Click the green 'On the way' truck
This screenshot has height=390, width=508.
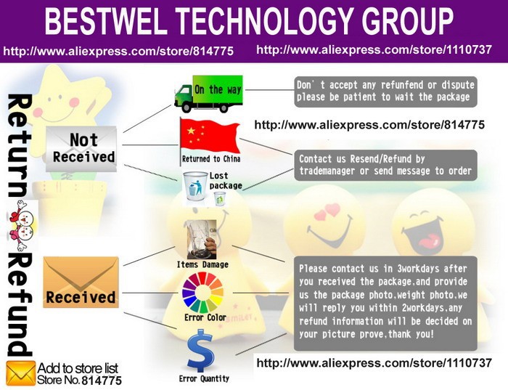click(x=208, y=94)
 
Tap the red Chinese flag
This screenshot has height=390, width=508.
click(x=210, y=137)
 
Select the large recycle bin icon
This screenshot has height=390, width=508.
click(x=195, y=186)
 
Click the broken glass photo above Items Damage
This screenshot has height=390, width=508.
click(x=202, y=239)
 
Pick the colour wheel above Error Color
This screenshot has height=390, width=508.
click(x=202, y=293)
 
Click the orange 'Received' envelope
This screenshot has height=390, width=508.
click(x=81, y=282)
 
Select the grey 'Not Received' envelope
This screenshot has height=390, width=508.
click(x=81, y=149)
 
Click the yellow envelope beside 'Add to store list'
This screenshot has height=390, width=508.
click(x=21, y=373)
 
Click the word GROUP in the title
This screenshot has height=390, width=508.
click(x=408, y=21)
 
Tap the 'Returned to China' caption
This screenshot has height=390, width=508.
click(x=211, y=159)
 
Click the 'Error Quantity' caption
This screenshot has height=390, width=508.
click(x=204, y=378)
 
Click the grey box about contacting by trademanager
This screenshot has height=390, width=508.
click(x=385, y=165)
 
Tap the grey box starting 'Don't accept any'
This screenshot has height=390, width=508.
click(x=385, y=92)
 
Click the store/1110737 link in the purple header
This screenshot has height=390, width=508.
click(x=374, y=49)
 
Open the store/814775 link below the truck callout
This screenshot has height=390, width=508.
click(x=369, y=125)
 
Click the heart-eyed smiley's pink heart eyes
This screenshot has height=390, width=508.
click(x=327, y=211)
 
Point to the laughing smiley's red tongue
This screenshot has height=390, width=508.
click(x=430, y=240)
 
